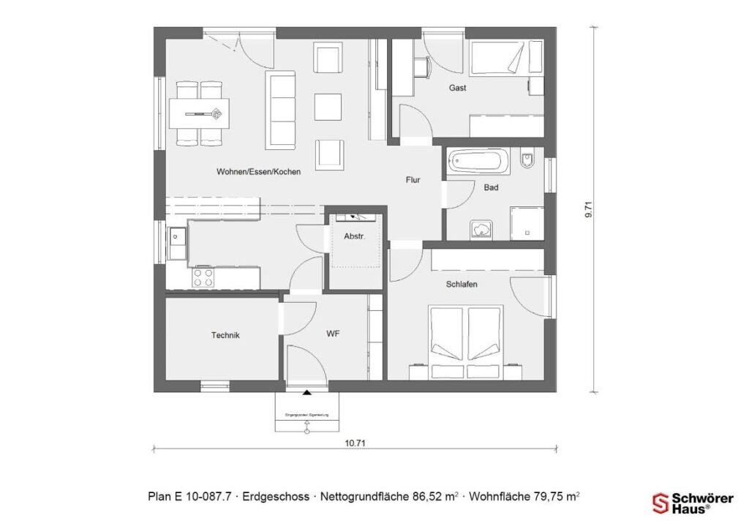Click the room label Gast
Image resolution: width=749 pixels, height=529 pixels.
pyautogui.click(x=458, y=88)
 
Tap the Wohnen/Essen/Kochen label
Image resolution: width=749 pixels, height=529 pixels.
pyautogui.click(x=258, y=172)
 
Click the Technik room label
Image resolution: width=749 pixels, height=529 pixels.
pyautogui.click(x=225, y=335)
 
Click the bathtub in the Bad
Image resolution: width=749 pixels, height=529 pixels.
pyautogui.click(x=475, y=160)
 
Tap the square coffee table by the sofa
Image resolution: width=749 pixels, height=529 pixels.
pyautogui.click(x=328, y=106)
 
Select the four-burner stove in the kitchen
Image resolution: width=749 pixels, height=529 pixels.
pyautogui.click(x=203, y=277)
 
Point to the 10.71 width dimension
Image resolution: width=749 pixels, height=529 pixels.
pyautogui.click(x=355, y=443)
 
